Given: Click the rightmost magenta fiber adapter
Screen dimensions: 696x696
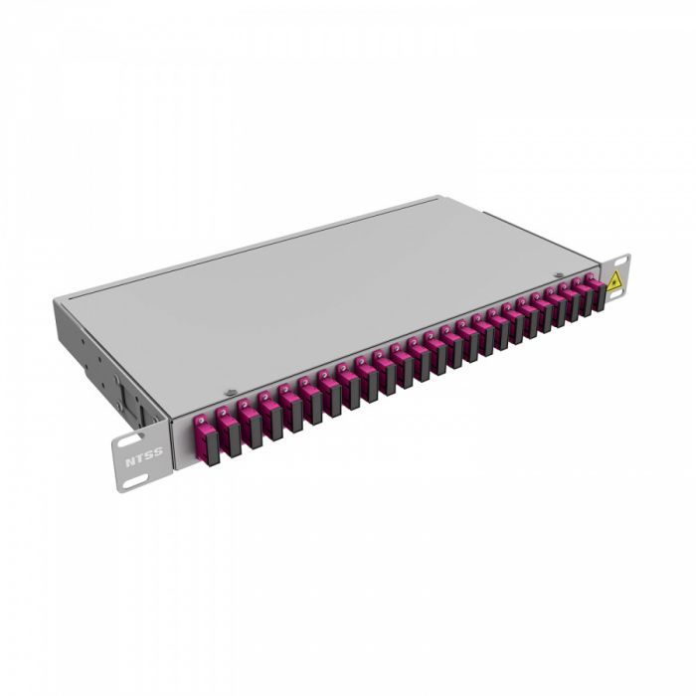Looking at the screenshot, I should click(594, 289).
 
